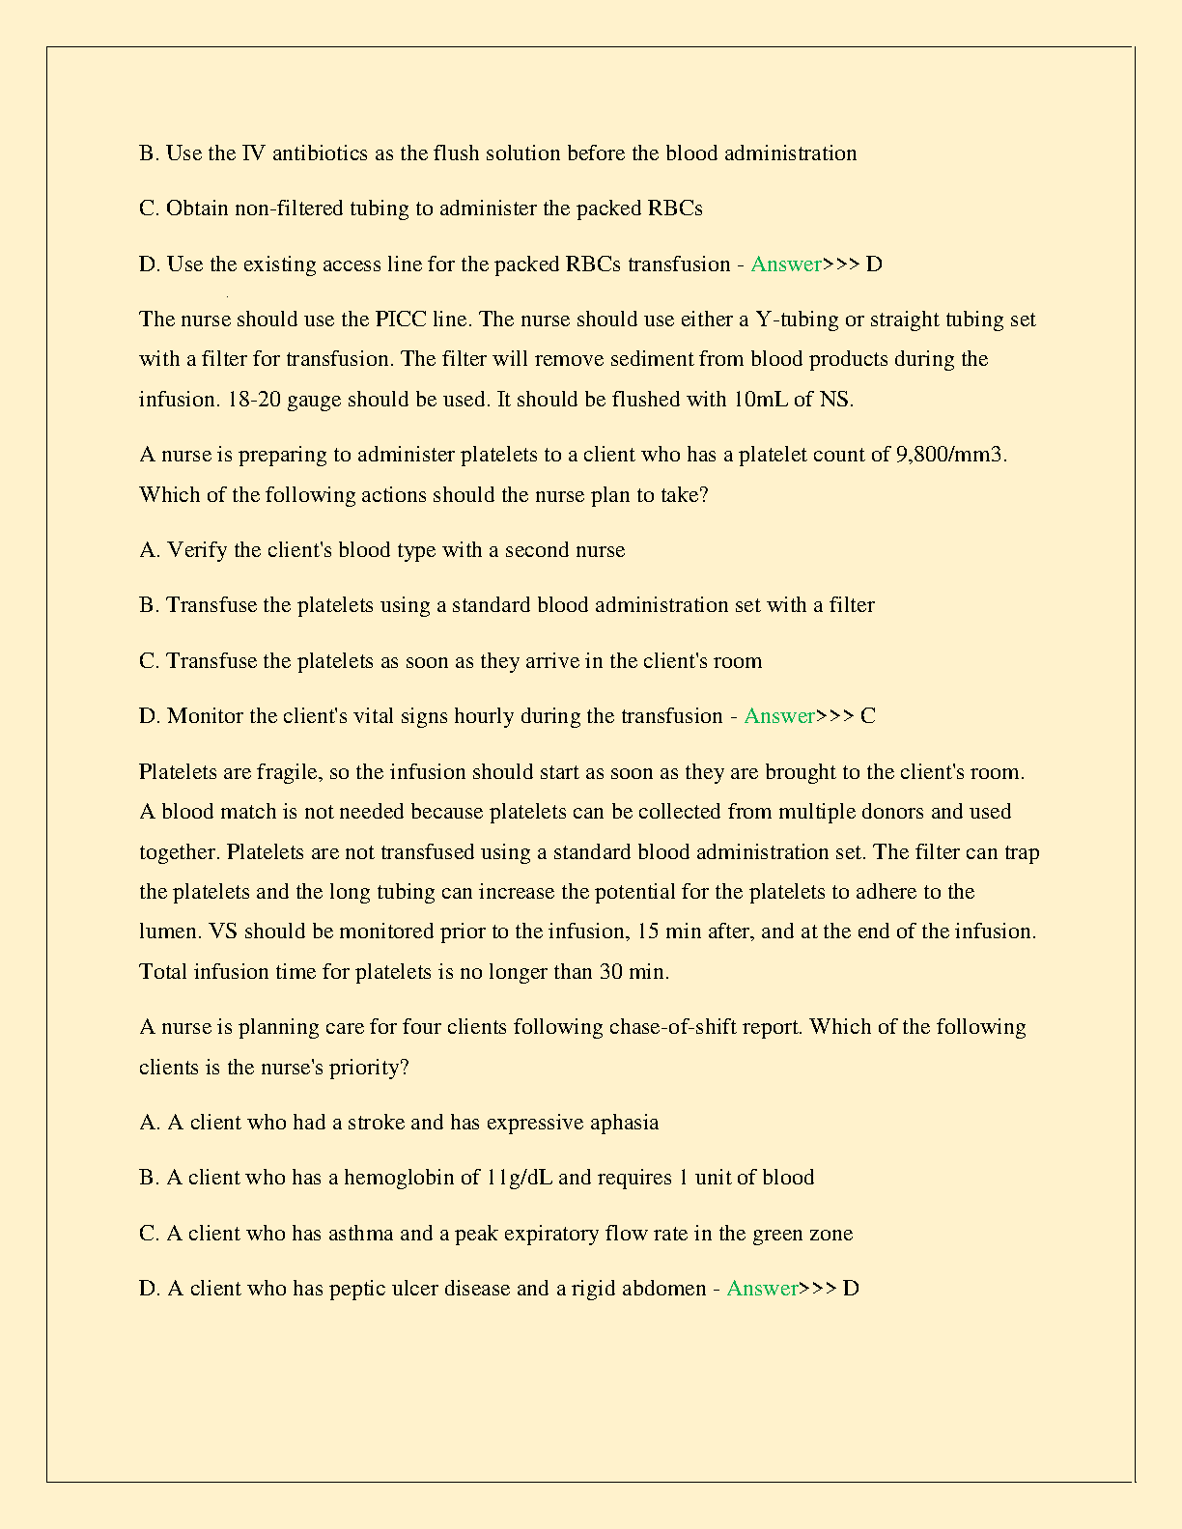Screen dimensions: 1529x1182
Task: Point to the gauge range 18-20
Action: [x=254, y=400]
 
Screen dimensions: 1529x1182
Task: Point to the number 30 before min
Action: [x=610, y=972]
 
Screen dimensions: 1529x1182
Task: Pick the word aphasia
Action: [x=624, y=1123]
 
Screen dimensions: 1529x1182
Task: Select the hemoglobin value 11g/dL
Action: [x=519, y=1178]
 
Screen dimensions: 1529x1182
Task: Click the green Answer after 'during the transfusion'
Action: [x=779, y=716]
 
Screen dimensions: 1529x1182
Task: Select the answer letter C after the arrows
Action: [x=868, y=716]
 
